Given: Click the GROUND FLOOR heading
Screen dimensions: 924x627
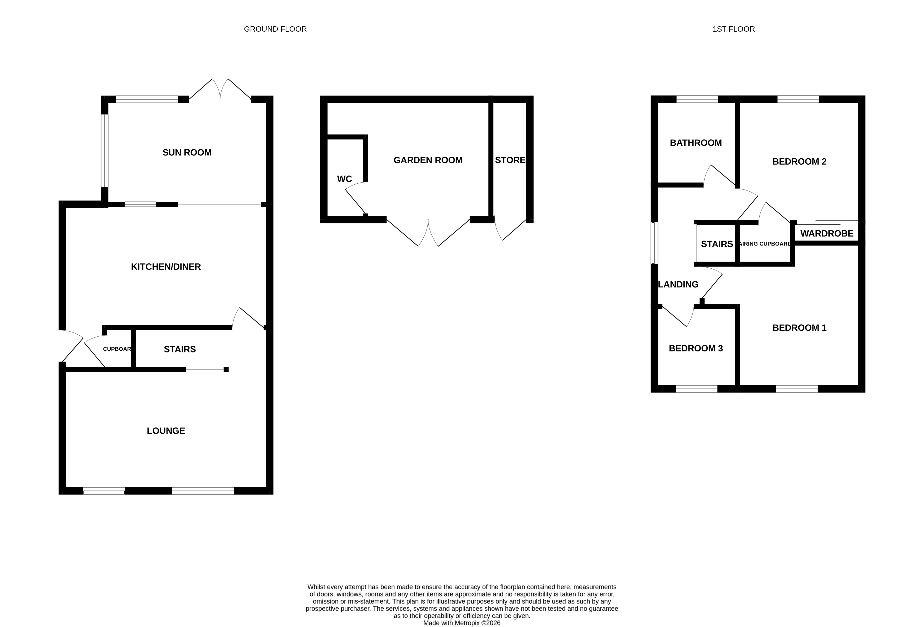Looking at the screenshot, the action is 275,29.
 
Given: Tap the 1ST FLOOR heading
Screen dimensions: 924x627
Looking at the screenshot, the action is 734,29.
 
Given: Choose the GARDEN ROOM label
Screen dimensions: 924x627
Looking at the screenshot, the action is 428,160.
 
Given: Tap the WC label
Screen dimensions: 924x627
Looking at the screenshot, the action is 344,179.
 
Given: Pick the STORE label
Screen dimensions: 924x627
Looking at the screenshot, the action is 510,160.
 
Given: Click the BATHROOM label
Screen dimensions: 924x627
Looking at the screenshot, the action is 696,143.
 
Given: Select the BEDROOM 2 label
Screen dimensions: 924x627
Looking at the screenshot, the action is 799,161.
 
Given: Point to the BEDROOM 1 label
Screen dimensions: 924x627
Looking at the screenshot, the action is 799,328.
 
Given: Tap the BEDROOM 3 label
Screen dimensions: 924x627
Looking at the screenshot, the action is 696,348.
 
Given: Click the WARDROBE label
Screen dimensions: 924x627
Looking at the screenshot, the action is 827,233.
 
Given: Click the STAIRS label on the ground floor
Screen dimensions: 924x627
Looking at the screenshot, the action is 180,349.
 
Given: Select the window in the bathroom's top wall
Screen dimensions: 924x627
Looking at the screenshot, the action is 697,99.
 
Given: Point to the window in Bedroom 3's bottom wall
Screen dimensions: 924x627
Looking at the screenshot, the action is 697,389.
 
